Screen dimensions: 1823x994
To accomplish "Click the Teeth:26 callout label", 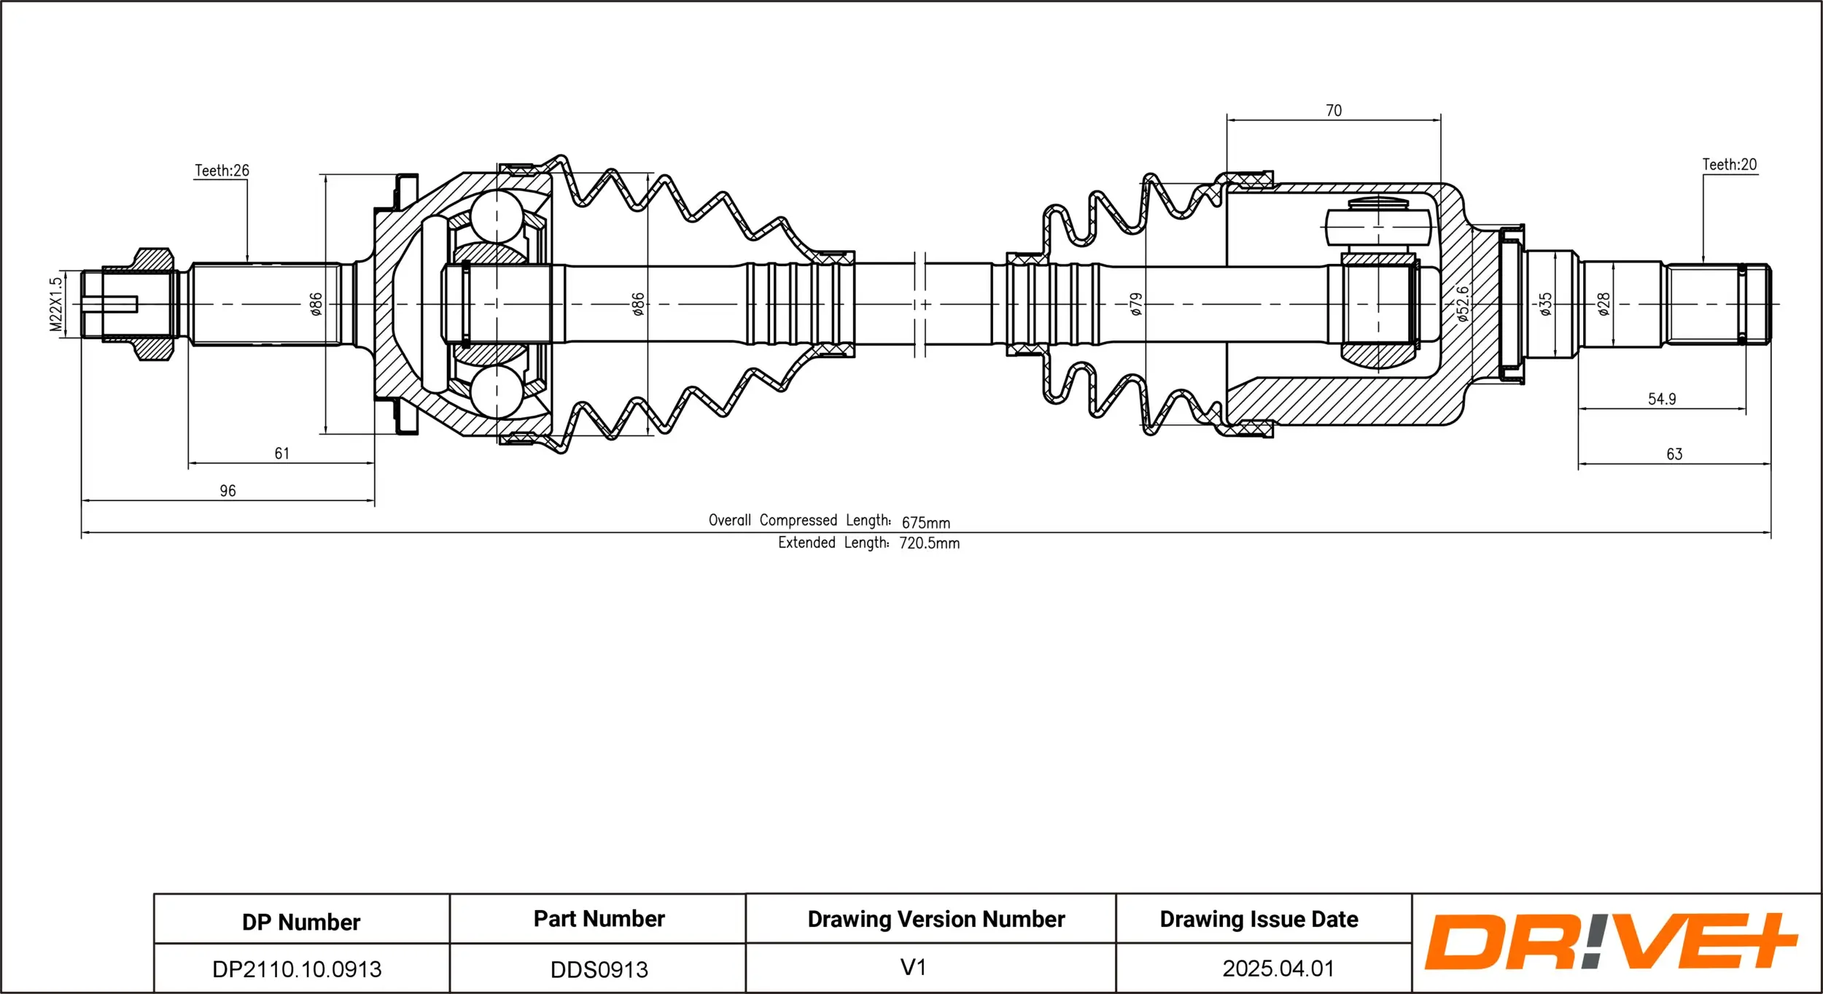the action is [x=222, y=171].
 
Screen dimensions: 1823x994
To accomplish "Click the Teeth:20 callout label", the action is [x=1730, y=165].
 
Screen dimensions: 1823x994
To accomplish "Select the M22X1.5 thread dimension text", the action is [x=56, y=304].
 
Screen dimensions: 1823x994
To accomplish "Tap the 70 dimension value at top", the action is [x=1334, y=111].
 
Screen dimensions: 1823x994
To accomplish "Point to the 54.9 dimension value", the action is [x=1662, y=399].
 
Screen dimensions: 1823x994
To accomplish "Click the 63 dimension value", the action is [x=1674, y=454].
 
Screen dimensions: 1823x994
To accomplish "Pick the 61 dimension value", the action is [x=282, y=454].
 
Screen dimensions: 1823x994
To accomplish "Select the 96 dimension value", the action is [x=228, y=491].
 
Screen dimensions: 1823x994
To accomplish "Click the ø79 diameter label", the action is [x=1135, y=304].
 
